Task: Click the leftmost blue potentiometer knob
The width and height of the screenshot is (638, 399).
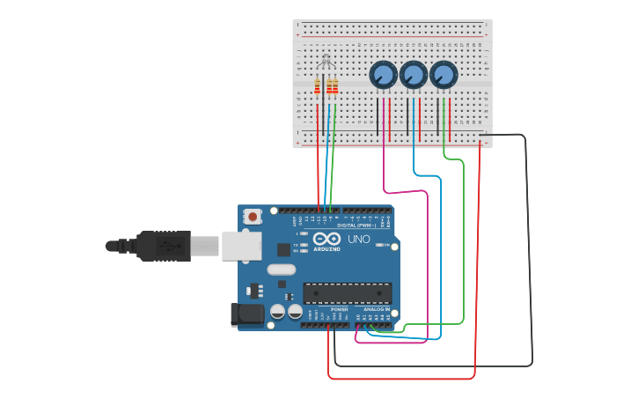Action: coord(383,75)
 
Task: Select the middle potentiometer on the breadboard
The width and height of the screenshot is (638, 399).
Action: coord(413,75)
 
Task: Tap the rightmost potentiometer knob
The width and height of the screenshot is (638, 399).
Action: coord(444,75)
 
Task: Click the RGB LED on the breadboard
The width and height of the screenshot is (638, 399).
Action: coord(326,62)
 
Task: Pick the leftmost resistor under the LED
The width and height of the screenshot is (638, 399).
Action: coord(318,86)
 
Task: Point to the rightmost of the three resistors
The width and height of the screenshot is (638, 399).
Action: coord(334,86)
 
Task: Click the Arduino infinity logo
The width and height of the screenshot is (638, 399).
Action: coord(326,240)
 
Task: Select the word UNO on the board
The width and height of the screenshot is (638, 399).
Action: coord(359,240)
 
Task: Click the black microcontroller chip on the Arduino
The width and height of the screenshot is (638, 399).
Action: coord(348,292)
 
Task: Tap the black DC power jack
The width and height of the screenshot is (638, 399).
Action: coord(246,314)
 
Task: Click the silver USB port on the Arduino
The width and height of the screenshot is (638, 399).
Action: coord(240,246)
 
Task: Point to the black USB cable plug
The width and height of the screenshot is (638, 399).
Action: coord(163,246)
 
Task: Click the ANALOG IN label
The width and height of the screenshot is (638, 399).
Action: coord(376,310)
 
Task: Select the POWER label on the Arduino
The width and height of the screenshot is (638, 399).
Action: coord(339,310)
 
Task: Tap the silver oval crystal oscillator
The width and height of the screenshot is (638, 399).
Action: coord(281,270)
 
